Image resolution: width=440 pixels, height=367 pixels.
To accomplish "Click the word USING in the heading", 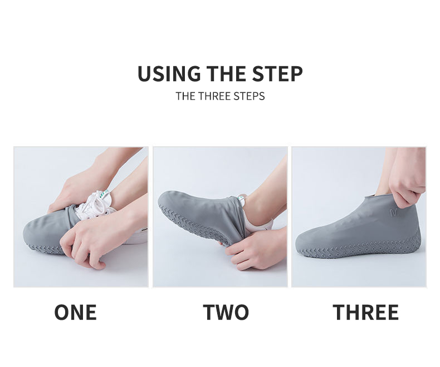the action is tap(169, 74).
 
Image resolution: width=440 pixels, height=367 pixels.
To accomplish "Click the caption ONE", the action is tap(76, 312).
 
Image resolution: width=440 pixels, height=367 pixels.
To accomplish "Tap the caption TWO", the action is tap(226, 312).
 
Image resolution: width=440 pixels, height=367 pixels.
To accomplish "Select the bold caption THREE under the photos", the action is tap(365, 312).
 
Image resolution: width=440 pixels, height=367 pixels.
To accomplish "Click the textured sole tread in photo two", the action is tap(194, 226).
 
